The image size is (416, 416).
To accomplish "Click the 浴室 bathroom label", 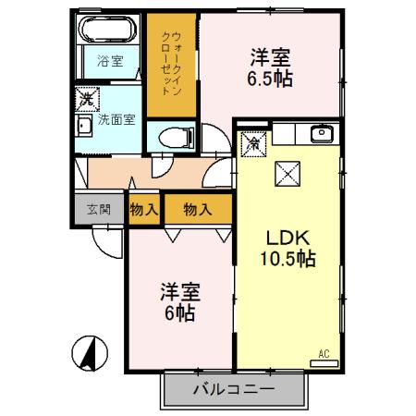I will [x=109, y=63].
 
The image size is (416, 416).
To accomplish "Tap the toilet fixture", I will [x=171, y=137].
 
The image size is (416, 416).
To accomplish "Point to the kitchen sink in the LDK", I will [x=323, y=133].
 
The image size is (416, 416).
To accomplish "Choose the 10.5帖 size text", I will [x=288, y=259].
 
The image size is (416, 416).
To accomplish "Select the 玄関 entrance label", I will [x=99, y=210].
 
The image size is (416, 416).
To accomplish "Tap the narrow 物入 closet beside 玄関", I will [x=141, y=210].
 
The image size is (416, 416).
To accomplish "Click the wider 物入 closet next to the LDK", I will [x=197, y=210].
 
